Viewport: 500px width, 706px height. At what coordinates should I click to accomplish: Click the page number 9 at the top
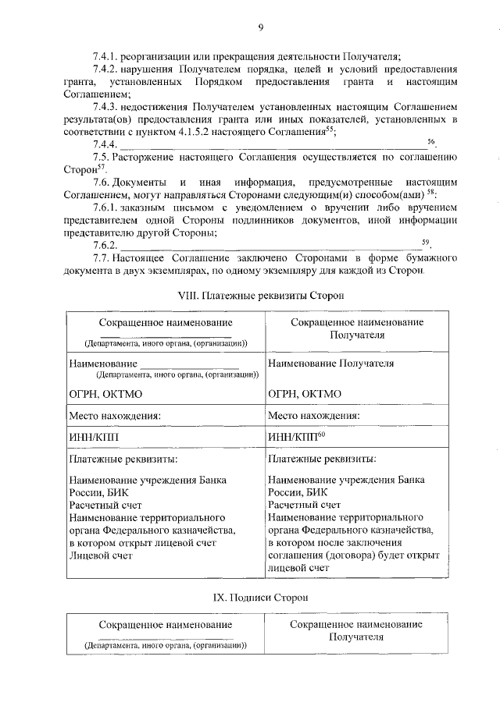(261, 29)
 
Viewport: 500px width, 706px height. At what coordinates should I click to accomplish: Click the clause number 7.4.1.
(105, 56)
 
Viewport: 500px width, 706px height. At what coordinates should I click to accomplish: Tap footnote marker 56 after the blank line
(432, 141)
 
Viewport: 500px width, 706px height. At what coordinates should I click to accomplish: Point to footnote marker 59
(426, 243)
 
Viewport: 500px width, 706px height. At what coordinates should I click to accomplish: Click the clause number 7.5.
(100, 157)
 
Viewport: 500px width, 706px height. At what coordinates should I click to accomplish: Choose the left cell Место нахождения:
(115, 416)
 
